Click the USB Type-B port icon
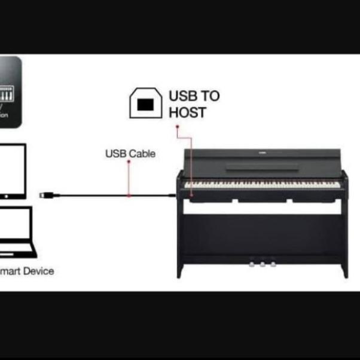tap(145, 103)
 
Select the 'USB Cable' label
tap(130, 154)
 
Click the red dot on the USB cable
tap(129, 195)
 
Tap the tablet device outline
tap(12, 170)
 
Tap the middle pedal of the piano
tap(262, 262)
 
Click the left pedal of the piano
tap(252, 262)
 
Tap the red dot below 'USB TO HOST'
tap(176, 127)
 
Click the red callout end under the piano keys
tap(191, 185)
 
